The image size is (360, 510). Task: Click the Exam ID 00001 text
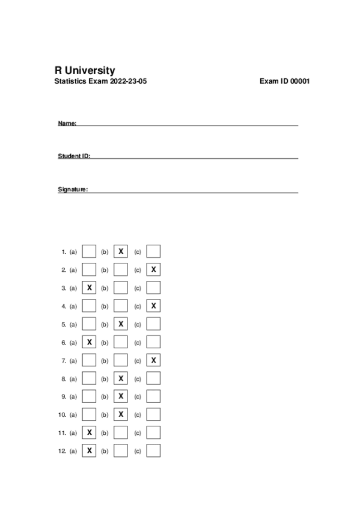284,82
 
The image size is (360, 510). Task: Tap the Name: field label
67,123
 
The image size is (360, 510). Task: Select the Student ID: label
74,156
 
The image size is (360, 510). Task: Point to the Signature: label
73,189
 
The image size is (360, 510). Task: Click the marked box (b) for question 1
121,251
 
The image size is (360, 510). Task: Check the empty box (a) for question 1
89,251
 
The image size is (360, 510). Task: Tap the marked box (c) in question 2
154,269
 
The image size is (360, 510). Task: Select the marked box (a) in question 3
89,288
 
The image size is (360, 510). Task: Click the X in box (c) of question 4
154,306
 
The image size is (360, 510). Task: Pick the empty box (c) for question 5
154,324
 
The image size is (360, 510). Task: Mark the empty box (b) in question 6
121,342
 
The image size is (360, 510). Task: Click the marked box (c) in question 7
154,360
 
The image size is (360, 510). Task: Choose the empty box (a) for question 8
89,378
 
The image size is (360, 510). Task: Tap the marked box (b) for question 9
121,396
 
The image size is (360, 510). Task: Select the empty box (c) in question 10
154,414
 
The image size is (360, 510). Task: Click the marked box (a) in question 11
89,432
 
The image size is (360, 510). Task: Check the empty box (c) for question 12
154,450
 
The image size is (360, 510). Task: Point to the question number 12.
62,450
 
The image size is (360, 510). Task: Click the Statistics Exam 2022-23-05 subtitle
100,82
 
